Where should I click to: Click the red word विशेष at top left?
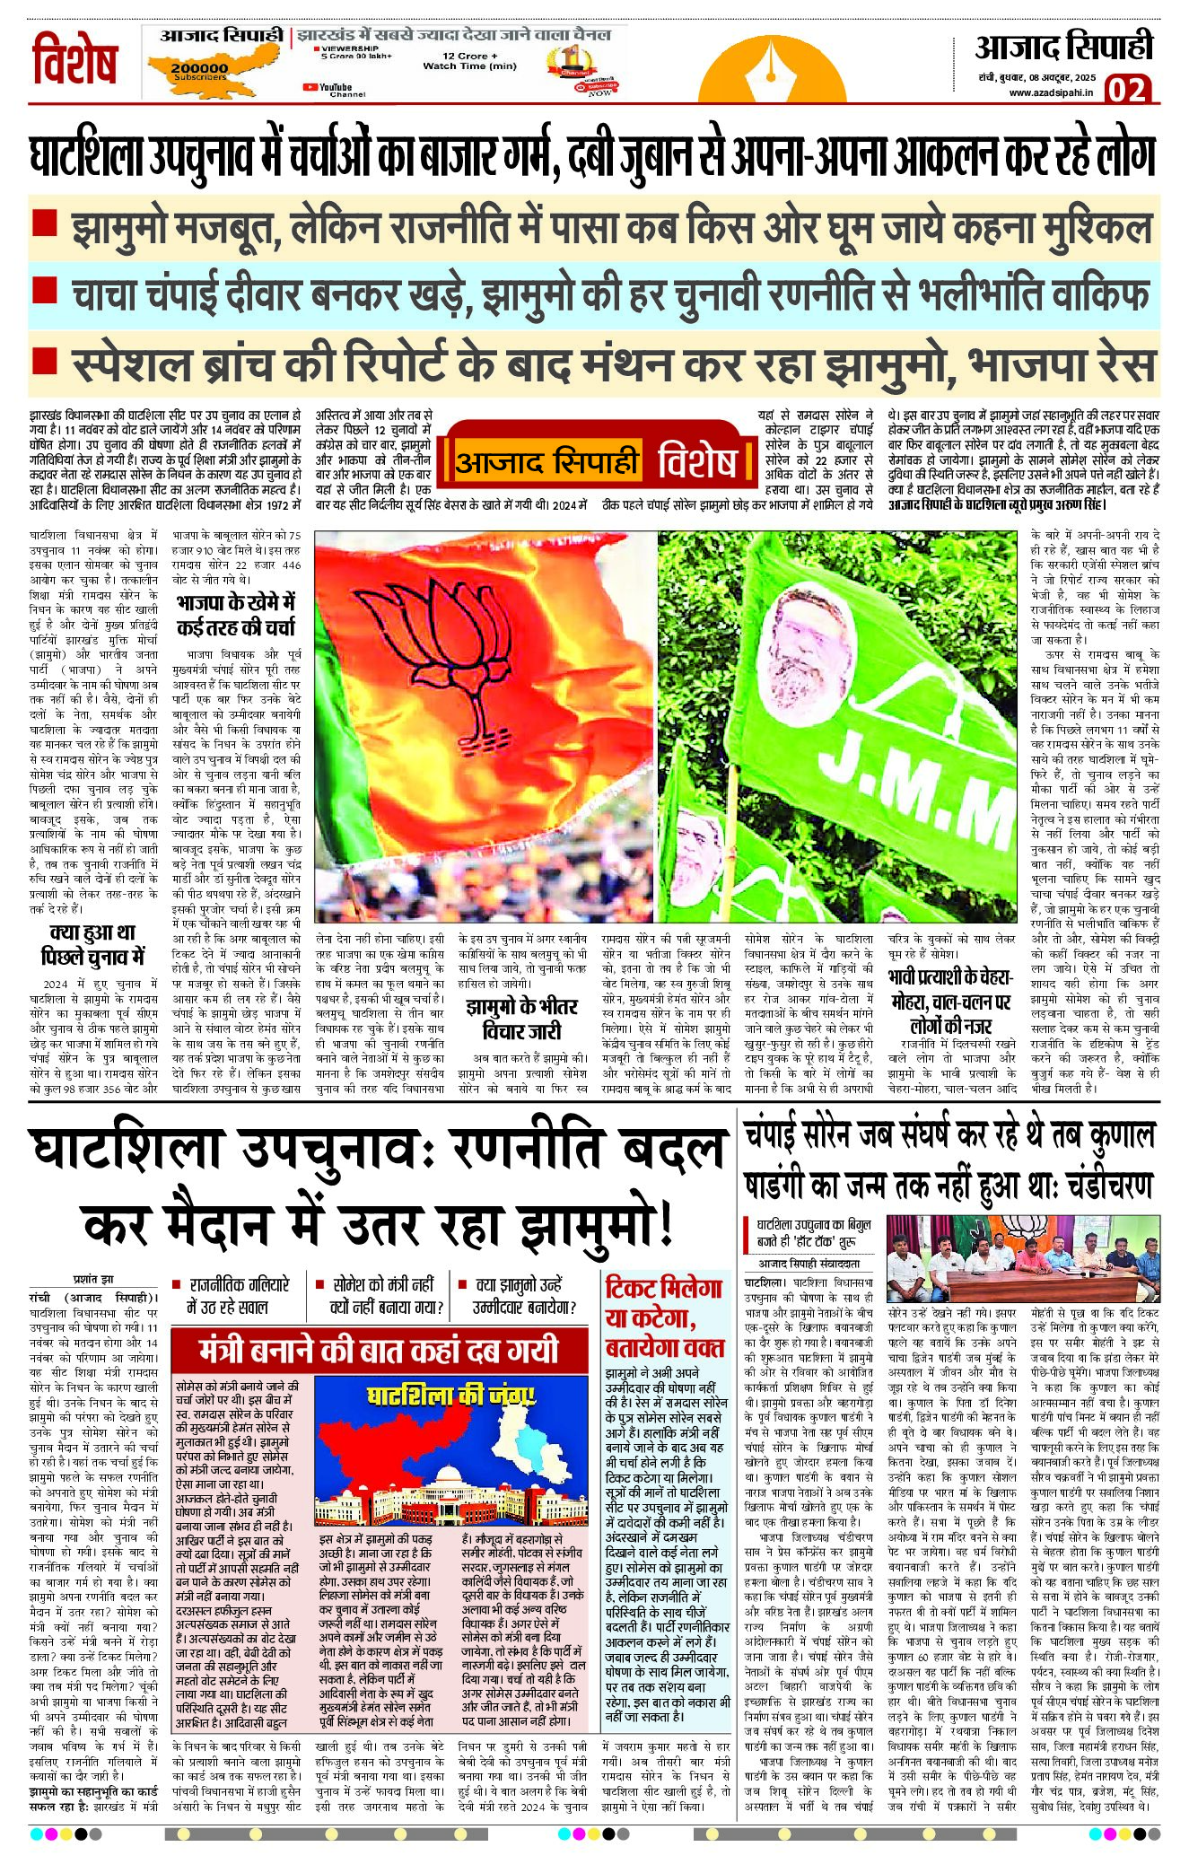coord(74,60)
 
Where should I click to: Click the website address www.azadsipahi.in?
coord(1050,92)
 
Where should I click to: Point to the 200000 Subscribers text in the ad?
coord(199,71)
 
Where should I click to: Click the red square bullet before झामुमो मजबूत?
coord(44,222)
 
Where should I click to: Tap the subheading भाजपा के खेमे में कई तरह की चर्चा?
coord(236,614)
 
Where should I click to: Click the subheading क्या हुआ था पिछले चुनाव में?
coord(93,944)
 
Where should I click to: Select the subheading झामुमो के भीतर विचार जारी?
coord(521,1019)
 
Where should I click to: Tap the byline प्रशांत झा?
coord(93,1279)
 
